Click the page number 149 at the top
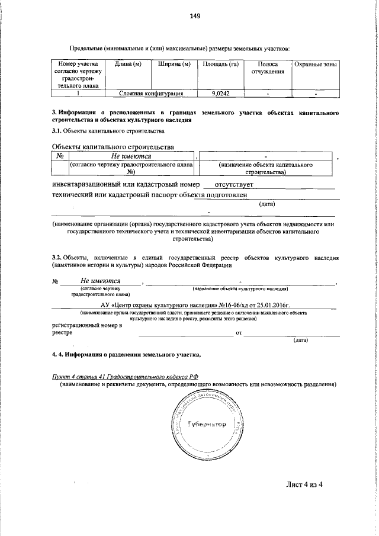195,17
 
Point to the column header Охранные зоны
316,64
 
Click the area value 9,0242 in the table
220,94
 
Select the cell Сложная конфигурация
150,94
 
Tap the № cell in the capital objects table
59,156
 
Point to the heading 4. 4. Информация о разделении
127,355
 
